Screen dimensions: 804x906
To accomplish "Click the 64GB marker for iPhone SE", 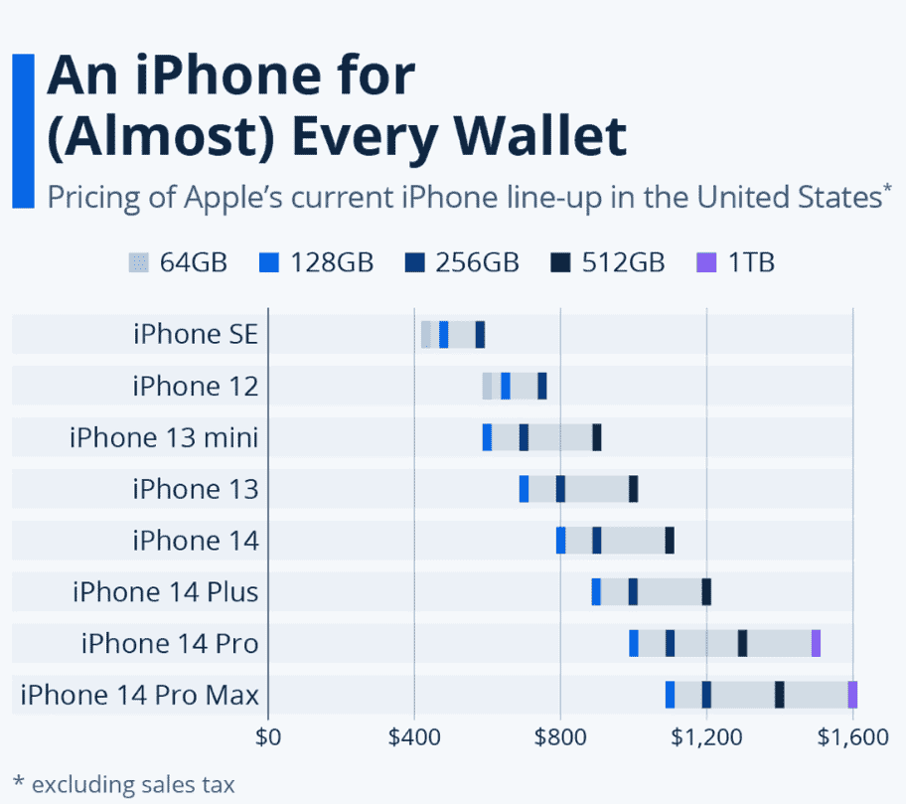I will [x=426, y=334].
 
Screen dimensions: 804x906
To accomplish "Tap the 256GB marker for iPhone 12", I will [x=542, y=386].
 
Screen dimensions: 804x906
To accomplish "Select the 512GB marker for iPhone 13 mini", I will [x=597, y=437].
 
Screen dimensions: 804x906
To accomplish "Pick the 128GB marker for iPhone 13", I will [x=524, y=489].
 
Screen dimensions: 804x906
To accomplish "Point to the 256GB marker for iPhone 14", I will [x=597, y=541].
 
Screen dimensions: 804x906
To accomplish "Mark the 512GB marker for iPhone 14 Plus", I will [x=706, y=592].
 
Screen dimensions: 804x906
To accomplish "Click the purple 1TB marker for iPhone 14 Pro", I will [x=816, y=643].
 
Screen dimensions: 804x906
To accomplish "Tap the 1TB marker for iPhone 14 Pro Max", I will [x=852, y=695].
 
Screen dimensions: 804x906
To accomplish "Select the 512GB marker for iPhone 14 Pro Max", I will [x=780, y=695].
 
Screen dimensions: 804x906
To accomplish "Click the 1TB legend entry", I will [x=735, y=262].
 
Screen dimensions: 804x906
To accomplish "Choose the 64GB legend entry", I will [x=179, y=262].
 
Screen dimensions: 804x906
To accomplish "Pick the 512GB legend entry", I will [x=607, y=262].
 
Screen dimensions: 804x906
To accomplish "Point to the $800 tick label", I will [x=560, y=737].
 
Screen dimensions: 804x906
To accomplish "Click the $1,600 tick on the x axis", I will [x=852, y=737].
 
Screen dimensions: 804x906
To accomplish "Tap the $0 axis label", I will [x=268, y=737].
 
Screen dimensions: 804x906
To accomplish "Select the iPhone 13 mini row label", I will [x=164, y=437].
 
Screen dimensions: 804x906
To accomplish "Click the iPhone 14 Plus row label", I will [x=165, y=592].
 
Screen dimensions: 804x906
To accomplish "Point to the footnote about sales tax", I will [x=124, y=784].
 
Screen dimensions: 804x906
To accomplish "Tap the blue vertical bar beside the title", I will [x=23, y=130].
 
